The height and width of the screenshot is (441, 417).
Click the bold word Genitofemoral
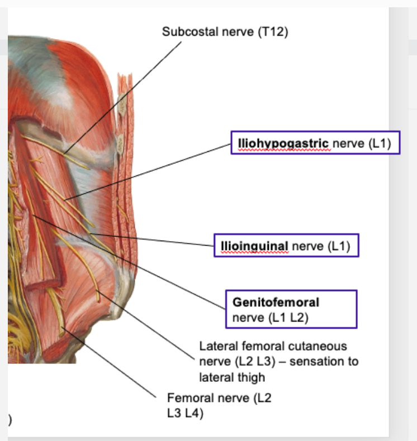(276, 303)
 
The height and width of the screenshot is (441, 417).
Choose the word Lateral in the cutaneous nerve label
(217, 347)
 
